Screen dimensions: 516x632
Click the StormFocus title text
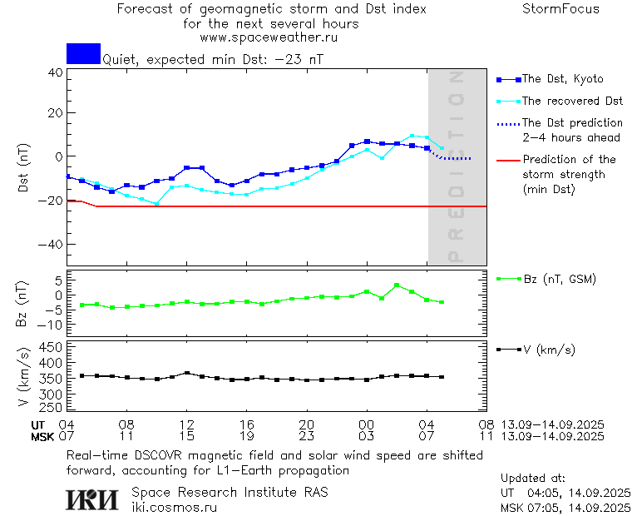pos(560,9)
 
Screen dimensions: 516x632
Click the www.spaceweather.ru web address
pos(269,37)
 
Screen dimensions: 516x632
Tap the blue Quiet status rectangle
pos(83,53)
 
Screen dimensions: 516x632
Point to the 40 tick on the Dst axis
pos(55,72)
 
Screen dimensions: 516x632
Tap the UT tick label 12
pos(187,424)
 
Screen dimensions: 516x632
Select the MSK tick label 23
pos(307,436)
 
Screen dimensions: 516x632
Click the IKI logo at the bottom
pos(93,499)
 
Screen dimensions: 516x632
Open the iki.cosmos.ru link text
pos(174,506)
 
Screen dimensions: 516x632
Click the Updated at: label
pos(533,478)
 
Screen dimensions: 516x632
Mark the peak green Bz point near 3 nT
pos(397,285)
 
